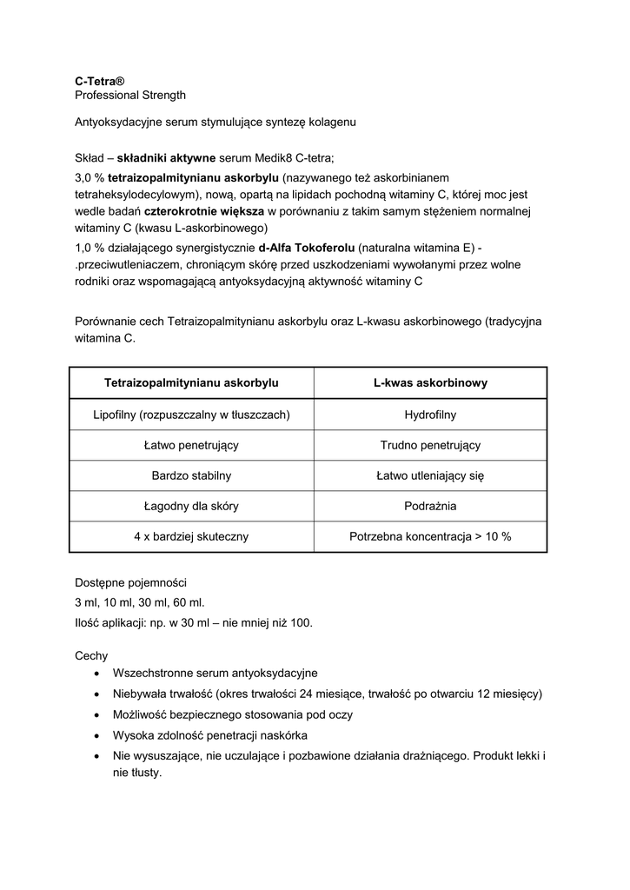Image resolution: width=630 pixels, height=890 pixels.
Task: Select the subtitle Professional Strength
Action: coord(130,94)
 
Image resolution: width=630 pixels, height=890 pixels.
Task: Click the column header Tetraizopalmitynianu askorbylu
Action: coord(191,382)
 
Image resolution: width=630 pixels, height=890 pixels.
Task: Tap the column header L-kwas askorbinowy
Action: coord(430,382)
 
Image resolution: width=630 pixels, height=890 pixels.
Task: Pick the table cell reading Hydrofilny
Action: coord(430,415)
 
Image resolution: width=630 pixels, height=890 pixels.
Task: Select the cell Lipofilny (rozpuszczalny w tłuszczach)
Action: coord(191,415)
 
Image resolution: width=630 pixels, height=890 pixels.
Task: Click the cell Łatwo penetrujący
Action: coord(191,445)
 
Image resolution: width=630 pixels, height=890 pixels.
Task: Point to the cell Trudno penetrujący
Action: coord(430,445)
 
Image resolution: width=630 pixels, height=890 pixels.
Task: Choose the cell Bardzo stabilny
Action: coord(191,475)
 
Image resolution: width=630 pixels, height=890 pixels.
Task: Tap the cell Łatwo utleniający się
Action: coord(430,475)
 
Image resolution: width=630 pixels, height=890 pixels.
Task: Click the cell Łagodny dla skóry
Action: coord(191,506)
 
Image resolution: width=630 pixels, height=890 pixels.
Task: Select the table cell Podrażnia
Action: coord(430,506)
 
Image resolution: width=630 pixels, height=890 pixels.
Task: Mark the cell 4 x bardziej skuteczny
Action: coord(191,536)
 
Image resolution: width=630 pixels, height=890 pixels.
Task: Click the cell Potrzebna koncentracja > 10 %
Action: coord(430,536)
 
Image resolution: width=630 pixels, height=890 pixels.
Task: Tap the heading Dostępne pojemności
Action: coord(130,582)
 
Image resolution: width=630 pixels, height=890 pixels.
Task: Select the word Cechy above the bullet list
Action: coord(91,656)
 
